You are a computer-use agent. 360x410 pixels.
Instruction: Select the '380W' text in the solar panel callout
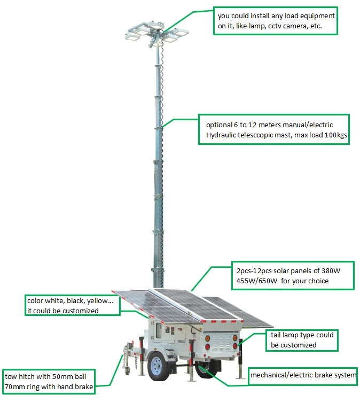[328, 270]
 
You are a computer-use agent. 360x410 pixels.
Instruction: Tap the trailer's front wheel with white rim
[158, 365]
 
